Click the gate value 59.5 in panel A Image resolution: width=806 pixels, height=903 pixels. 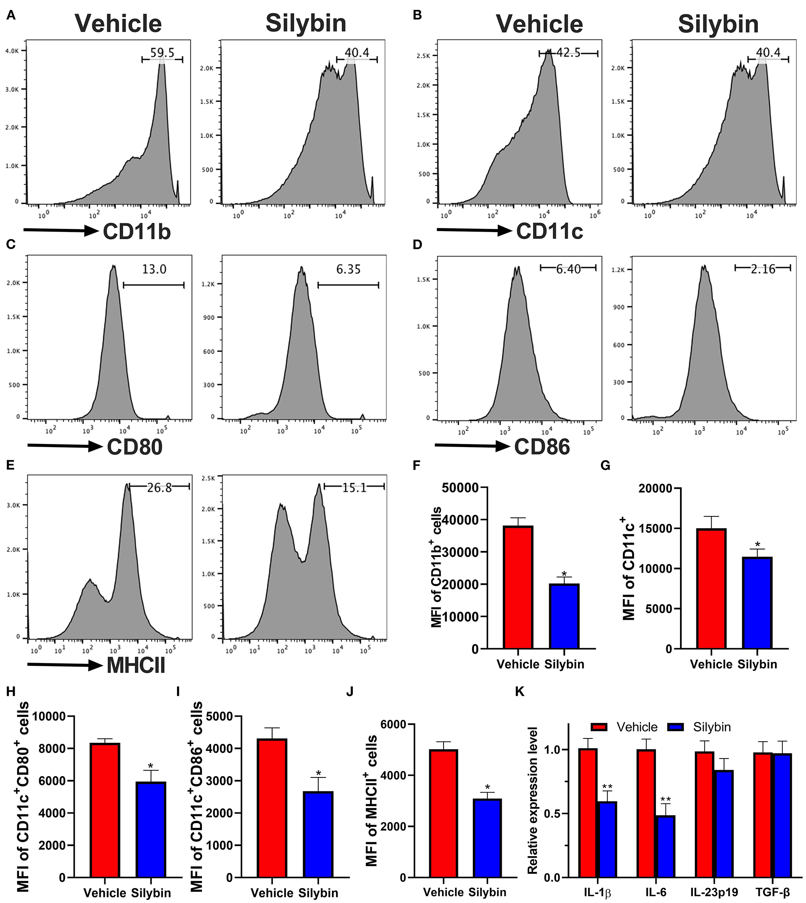(162, 53)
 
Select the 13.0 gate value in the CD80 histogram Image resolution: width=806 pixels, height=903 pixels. (154, 269)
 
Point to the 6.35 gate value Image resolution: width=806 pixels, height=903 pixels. (348, 269)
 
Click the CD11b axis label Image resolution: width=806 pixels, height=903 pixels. (137, 232)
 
